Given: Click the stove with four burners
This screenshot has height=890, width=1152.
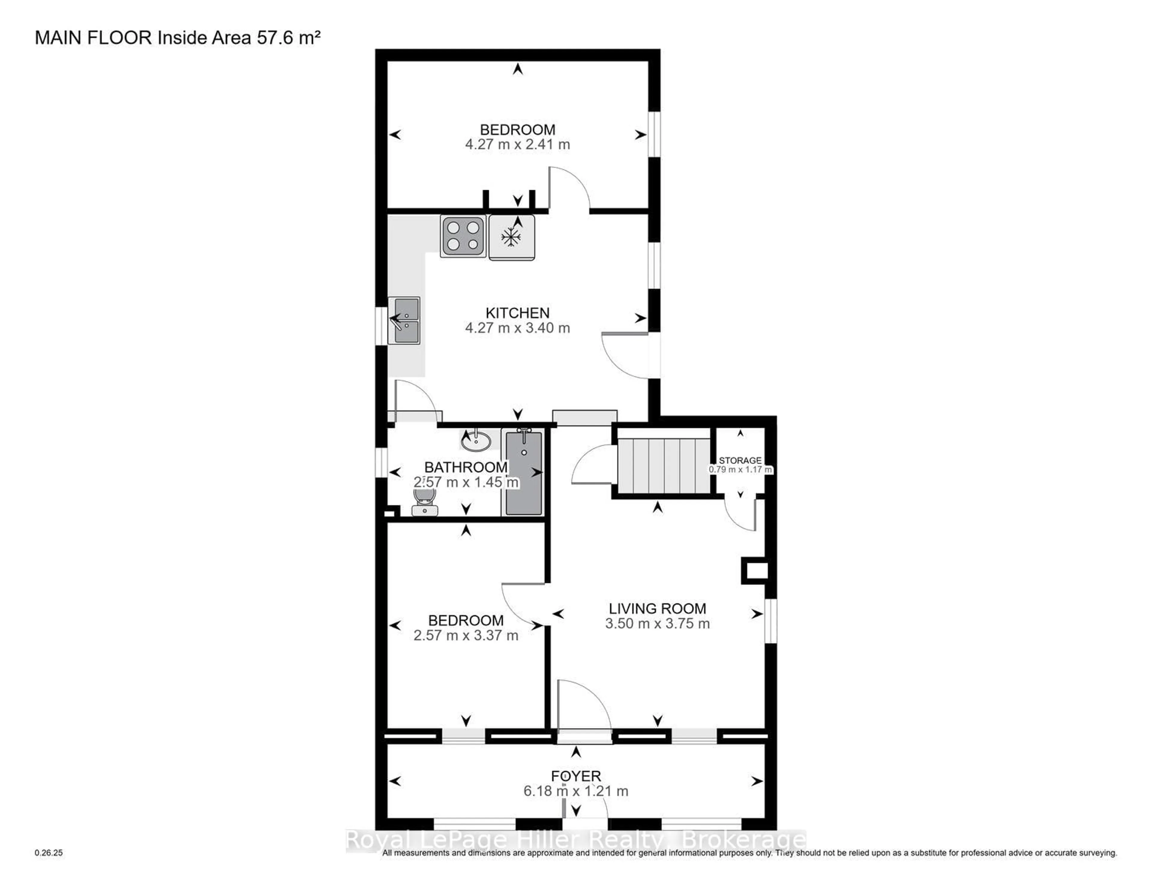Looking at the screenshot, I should tap(463, 236).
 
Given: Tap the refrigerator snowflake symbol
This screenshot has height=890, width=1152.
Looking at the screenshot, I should tap(511, 237).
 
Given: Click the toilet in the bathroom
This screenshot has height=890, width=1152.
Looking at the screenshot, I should tap(424, 501).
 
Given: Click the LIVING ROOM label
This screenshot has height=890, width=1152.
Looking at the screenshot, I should tap(657, 608).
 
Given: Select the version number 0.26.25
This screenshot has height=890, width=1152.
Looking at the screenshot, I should tap(49, 853).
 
